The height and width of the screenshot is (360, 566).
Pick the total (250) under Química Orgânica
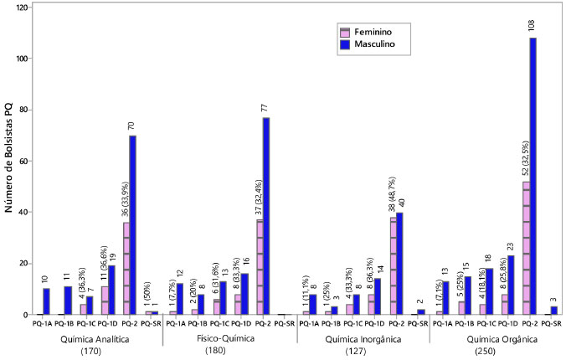(495, 350)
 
